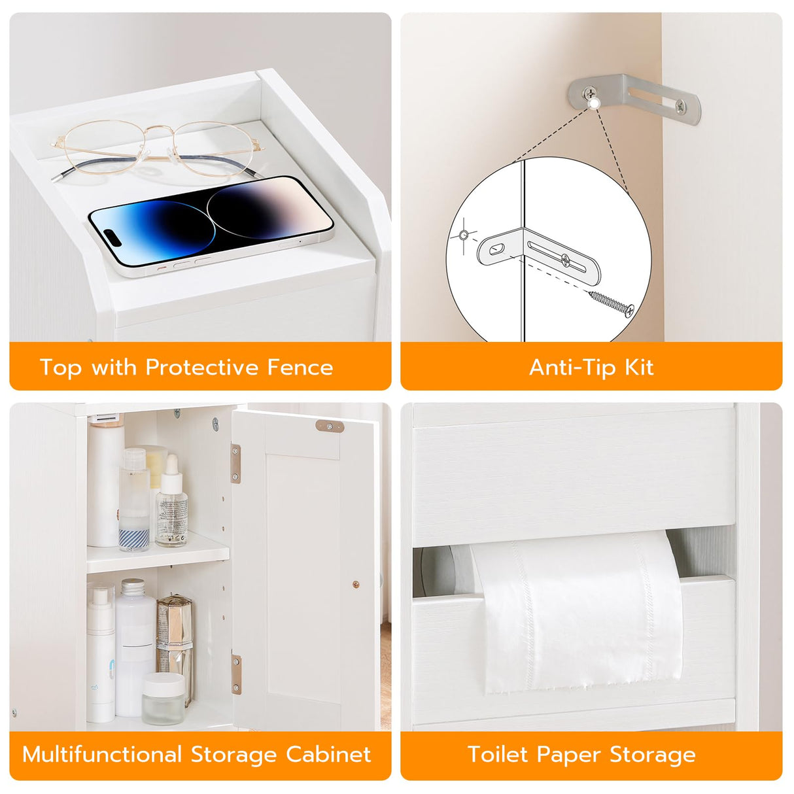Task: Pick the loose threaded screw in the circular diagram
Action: point(612,303)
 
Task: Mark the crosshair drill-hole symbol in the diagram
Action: point(464,235)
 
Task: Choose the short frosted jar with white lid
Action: point(163,698)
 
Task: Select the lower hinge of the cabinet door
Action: point(236,674)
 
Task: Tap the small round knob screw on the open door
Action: point(356,584)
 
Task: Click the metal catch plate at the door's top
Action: point(330,426)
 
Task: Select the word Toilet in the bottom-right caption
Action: point(498,755)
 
